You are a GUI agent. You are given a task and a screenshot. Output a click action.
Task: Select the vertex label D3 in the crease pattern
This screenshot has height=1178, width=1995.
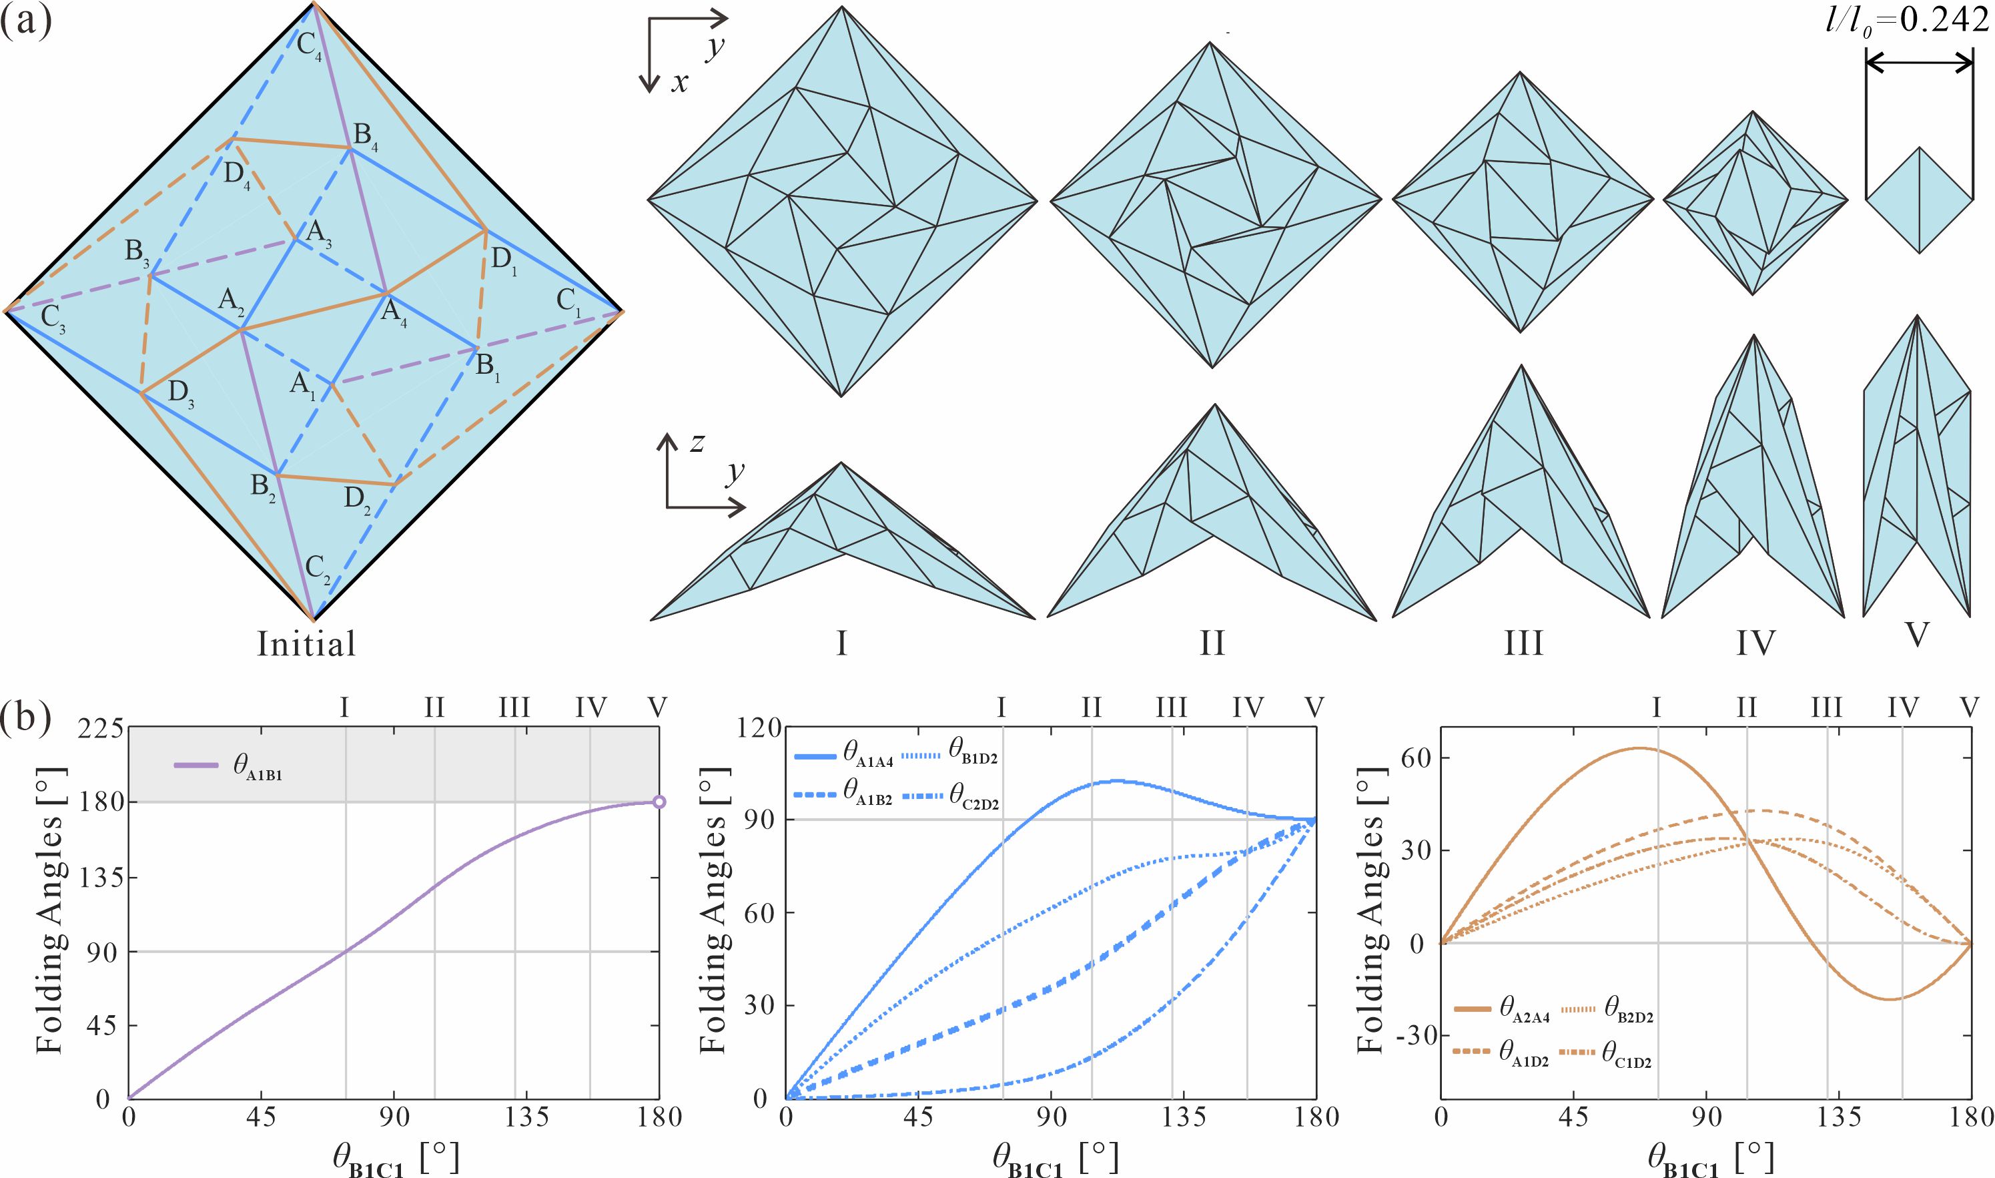[181, 394]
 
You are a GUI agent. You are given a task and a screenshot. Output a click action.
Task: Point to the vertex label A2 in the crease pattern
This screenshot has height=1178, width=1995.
[232, 301]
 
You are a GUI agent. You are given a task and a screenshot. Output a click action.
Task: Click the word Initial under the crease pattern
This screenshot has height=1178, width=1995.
[306, 644]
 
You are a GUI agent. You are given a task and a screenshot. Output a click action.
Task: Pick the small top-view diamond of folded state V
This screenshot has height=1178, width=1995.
[1919, 200]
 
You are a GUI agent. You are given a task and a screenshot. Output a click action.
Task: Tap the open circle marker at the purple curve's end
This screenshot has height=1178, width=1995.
[659, 802]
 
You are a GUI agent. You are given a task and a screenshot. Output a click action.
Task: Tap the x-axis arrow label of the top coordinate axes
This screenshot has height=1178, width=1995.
[679, 83]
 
